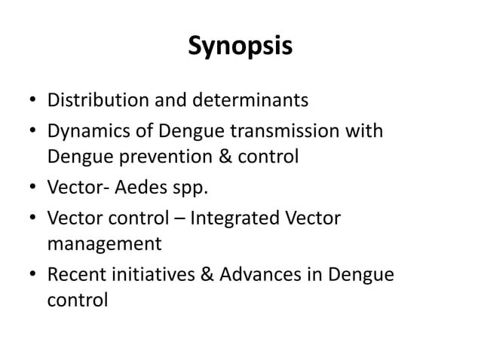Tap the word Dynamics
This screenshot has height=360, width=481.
click(x=83, y=132)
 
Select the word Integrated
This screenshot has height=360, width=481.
click(x=233, y=218)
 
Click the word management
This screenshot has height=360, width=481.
click(x=104, y=245)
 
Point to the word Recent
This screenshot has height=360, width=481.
click(x=74, y=275)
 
